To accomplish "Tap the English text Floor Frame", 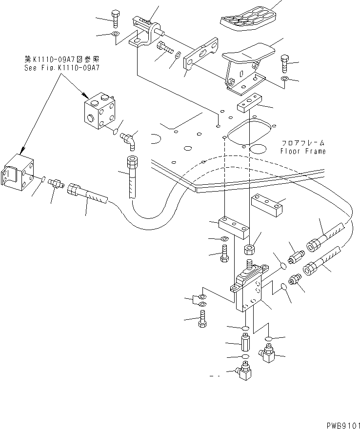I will click(x=302, y=151).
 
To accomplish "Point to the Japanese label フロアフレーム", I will click(x=303, y=143).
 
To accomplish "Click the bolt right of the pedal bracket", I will click(x=286, y=63).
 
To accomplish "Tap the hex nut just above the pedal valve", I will click(x=249, y=250).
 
